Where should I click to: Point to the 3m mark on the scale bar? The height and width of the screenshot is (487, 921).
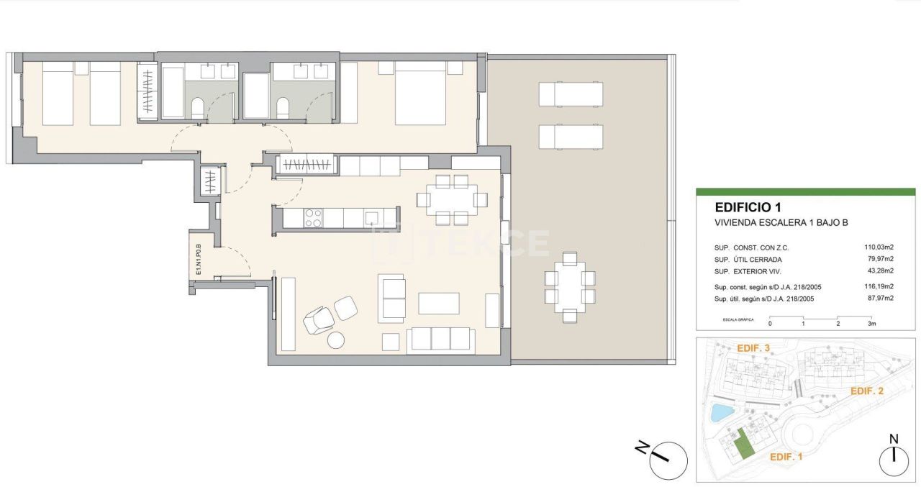872,324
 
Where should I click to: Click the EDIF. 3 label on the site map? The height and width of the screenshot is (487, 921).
753,348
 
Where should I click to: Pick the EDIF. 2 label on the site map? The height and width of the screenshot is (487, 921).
866,391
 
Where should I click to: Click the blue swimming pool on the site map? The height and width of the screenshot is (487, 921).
719,413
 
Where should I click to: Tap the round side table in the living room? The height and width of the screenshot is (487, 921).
336,340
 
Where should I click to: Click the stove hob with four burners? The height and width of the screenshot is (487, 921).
314,218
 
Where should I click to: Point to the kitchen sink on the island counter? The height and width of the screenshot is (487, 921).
372,217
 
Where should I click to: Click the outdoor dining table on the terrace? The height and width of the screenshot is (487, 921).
570,287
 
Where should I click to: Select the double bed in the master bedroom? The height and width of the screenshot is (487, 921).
420,94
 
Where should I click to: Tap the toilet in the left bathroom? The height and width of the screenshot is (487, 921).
198,108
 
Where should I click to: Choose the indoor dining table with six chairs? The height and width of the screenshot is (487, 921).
452,199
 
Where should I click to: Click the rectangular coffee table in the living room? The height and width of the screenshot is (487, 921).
439,303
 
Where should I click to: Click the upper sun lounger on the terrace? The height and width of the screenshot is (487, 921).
571,94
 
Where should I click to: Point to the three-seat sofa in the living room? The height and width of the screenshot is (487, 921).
440,340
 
